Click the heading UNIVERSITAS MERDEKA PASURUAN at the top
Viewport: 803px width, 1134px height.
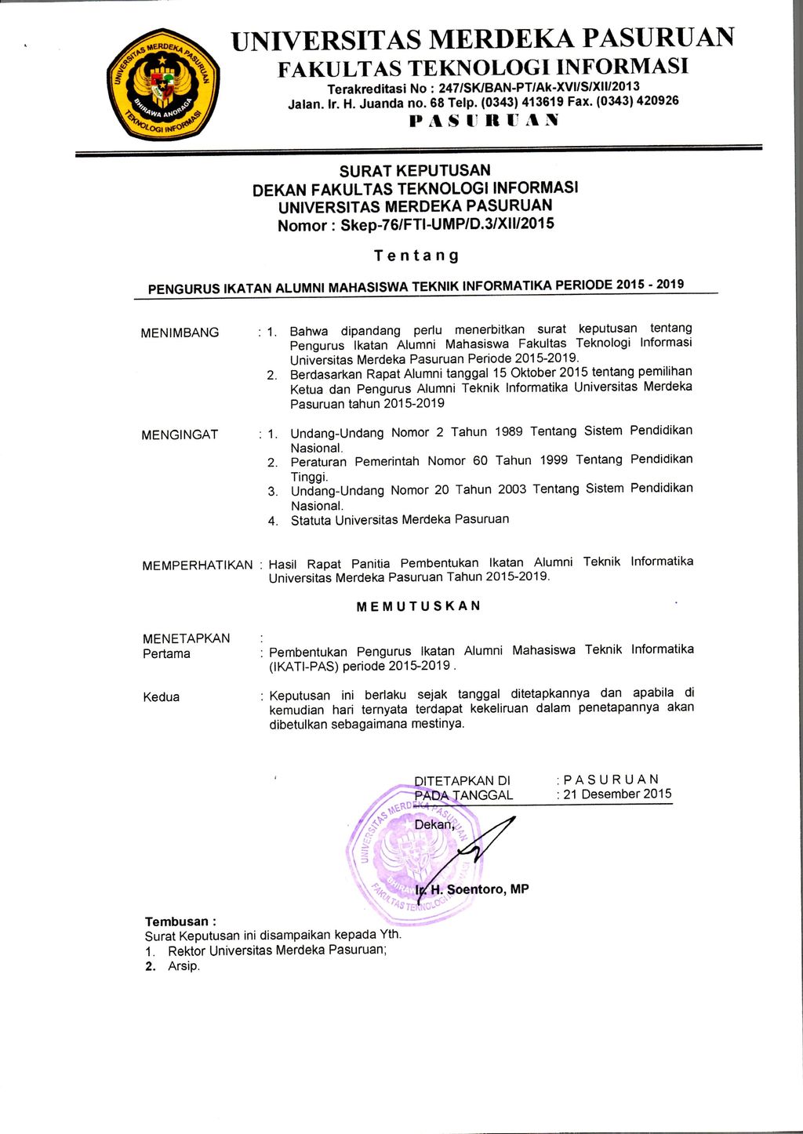coord(482,38)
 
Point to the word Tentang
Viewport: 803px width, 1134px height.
coord(416,256)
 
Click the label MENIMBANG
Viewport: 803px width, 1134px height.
coord(180,333)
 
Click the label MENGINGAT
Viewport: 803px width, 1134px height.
coord(180,434)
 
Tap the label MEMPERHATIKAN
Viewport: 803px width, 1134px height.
coord(197,565)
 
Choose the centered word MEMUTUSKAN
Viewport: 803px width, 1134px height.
coord(418,606)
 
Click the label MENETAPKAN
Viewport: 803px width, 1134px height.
coord(186,638)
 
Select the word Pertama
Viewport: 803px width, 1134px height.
coord(166,654)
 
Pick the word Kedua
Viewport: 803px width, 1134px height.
coord(161,697)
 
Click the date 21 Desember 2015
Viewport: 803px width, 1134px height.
coord(617,794)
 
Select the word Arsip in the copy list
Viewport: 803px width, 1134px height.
coord(183,966)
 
